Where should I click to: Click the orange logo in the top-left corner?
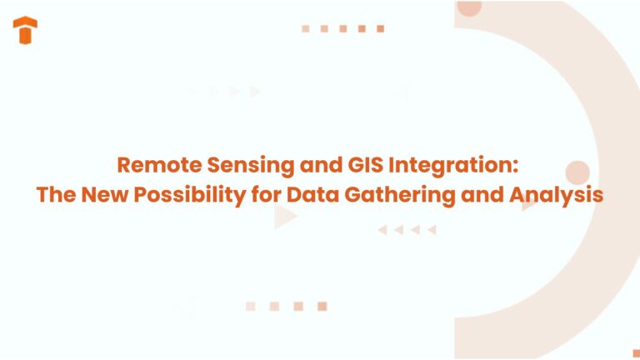(26, 30)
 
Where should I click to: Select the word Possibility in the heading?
(193, 195)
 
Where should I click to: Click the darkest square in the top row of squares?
(381, 28)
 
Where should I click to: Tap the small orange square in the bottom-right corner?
(636, 353)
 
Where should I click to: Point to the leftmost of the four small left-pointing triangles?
(382, 230)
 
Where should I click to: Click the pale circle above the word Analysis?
(577, 172)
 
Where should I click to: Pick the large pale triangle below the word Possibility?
(284, 217)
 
